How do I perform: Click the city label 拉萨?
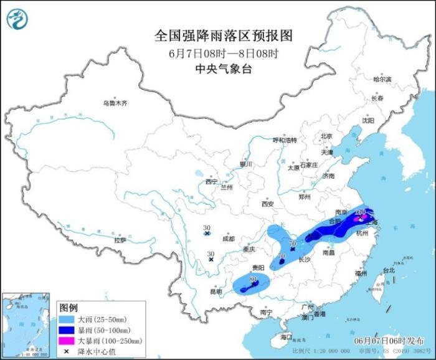pyautogui.click(x=120, y=240)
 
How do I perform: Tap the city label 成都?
pyautogui.click(x=228, y=238)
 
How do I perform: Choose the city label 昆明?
pyautogui.click(x=216, y=291)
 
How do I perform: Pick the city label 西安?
pyautogui.click(x=268, y=203)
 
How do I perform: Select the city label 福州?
pyautogui.click(x=361, y=273)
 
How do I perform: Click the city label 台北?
pyautogui.click(x=388, y=270)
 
